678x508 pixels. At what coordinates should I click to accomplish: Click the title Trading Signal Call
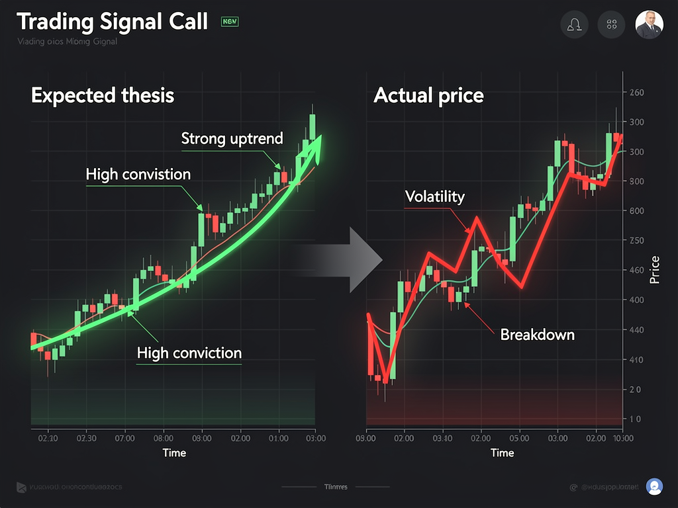coord(112,22)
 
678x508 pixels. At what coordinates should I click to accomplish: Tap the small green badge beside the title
coord(230,22)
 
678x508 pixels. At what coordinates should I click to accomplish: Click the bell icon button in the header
coord(574,25)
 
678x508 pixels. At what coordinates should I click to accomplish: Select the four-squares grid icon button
coord(611,25)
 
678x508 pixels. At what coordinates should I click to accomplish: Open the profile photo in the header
coord(649,25)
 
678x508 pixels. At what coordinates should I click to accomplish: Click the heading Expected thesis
coord(102,95)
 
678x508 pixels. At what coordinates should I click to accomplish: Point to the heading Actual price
coord(428,95)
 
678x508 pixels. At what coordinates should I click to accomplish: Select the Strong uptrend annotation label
coord(232,139)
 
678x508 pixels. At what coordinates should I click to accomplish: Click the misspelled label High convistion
coord(138,175)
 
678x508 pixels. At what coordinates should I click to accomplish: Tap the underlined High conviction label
coord(189,353)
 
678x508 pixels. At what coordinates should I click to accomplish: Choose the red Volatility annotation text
coord(434,196)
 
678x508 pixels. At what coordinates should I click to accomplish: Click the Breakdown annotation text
coord(537,334)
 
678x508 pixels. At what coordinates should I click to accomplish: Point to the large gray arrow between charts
coord(357,260)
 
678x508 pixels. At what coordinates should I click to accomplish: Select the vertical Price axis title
coord(655,269)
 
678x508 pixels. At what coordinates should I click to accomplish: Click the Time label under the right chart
coord(502,452)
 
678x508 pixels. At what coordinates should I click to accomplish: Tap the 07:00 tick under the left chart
coord(124,438)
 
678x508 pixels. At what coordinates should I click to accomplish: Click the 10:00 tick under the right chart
coord(624,438)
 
